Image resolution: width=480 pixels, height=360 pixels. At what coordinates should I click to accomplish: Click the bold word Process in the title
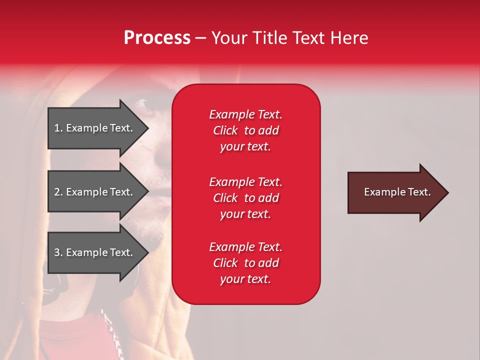tap(157, 38)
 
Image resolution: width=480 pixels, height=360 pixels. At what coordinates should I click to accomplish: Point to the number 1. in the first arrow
tap(58, 128)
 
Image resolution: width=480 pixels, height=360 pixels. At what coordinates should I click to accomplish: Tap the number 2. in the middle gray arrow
tap(58, 192)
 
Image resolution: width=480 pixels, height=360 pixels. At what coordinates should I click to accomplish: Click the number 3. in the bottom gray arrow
tap(58, 252)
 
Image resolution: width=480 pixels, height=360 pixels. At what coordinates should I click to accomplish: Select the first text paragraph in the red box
tap(245, 130)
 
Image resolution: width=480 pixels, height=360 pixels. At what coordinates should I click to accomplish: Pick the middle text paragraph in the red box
tap(245, 198)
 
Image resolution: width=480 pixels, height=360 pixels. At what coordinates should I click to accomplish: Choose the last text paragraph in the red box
tap(245, 263)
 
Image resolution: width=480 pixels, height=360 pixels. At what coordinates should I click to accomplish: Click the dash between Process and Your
tap(200, 38)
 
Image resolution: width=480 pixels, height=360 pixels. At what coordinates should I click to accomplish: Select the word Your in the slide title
tap(229, 38)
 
